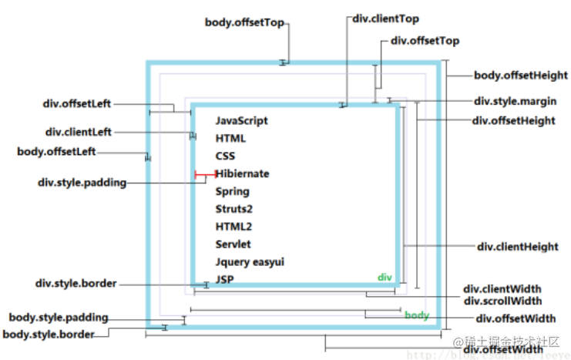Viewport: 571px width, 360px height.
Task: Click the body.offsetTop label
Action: [x=245, y=22]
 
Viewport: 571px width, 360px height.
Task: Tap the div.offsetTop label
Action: [x=425, y=41]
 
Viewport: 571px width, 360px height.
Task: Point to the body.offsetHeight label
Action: [x=520, y=76]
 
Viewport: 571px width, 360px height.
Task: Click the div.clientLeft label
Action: [x=78, y=133]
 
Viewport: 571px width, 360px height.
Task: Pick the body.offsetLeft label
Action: [x=56, y=152]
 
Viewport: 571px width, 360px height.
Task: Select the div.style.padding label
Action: [x=82, y=183]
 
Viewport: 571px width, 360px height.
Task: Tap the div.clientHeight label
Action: [x=517, y=247]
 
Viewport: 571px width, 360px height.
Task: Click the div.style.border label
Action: [x=76, y=284]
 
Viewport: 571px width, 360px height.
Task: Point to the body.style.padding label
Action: [x=58, y=318]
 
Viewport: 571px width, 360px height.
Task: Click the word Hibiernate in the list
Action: [x=242, y=174]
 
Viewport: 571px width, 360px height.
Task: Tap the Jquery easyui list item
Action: [x=250, y=262]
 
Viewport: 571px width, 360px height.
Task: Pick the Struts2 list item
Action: [x=234, y=209]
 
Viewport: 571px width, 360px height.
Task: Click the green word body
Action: [x=417, y=315]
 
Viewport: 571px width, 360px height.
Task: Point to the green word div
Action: [x=385, y=277]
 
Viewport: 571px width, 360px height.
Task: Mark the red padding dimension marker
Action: [x=205, y=175]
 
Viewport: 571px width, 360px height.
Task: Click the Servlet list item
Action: [x=233, y=244]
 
